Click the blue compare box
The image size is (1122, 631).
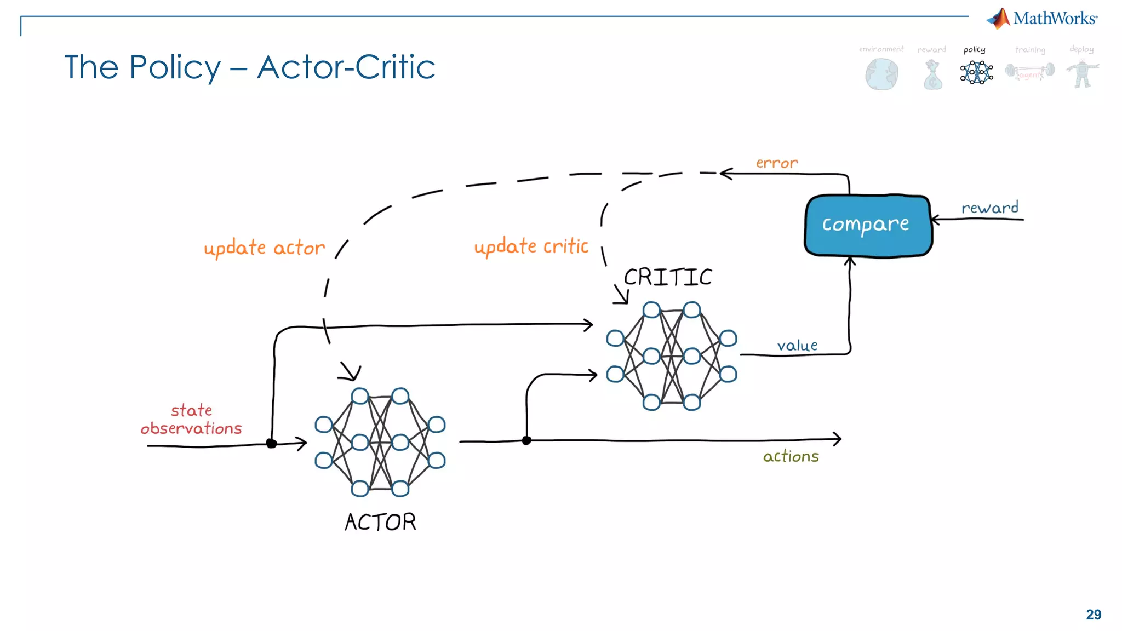pyautogui.click(x=868, y=225)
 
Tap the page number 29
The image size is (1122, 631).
pyautogui.click(x=1093, y=615)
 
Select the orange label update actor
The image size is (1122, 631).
pyautogui.click(x=264, y=248)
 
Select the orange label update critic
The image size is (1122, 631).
pyautogui.click(x=531, y=247)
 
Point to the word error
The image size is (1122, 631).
pyautogui.click(x=776, y=163)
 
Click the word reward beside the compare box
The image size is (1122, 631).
pyautogui.click(x=989, y=208)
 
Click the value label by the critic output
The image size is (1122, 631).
pyautogui.click(x=797, y=346)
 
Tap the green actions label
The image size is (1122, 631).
pyautogui.click(x=791, y=456)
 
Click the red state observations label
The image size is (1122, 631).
pyautogui.click(x=191, y=420)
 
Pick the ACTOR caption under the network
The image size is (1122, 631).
pyautogui.click(x=380, y=522)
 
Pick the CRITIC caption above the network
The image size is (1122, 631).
pyautogui.click(x=668, y=277)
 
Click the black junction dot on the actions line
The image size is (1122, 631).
pyautogui.click(x=526, y=440)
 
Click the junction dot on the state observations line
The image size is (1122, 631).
pyautogui.click(x=271, y=443)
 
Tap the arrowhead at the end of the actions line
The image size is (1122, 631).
pyautogui.click(x=837, y=438)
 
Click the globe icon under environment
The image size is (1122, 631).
pyautogui.click(x=881, y=74)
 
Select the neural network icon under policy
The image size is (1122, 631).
pyautogui.click(x=976, y=72)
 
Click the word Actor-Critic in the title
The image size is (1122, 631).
pyautogui.click(x=346, y=67)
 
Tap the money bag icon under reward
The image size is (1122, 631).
pyautogui.click(x=932, y=75)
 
